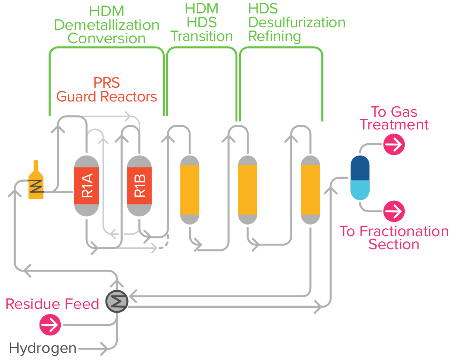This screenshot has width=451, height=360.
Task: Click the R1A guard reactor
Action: coord(86,185)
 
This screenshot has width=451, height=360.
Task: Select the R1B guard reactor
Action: coord(139,185)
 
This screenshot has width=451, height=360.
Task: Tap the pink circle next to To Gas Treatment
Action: coord(394,144)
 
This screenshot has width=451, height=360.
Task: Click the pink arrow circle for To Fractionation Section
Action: coord(394,211)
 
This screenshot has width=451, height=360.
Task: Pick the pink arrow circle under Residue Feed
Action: coord(50,325)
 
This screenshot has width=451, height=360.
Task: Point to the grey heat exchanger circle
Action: coord(117,301)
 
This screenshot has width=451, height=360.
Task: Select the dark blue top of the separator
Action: coord(360,168)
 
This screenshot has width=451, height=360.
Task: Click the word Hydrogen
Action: coord(42,348)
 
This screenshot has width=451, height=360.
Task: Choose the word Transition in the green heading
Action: coord(201,37)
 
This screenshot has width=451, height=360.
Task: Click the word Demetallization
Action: coord(107,25)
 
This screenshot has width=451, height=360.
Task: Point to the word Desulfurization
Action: coord(297,22)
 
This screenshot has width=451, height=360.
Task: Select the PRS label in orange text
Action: coord(107,83)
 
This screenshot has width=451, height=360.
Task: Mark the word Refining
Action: coord(274,37)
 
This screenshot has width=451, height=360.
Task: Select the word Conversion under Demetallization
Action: coord(107,38)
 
